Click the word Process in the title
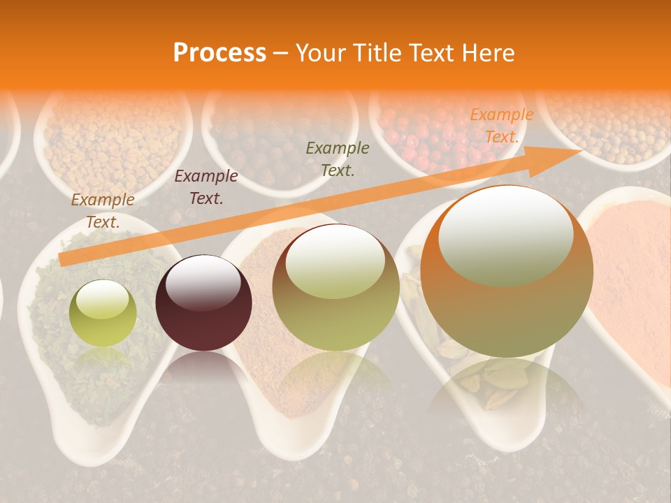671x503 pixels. [x=219, y=53]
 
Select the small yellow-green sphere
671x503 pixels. [x=103, y=313]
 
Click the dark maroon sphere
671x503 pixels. [x=203, y=302]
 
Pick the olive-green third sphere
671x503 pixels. [x=335, y=287]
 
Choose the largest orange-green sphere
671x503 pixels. [x=507, y=271]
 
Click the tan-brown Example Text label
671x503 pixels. [x=103, y=210]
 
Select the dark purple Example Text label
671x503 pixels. [x=205, y=187]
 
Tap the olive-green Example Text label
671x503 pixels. [x=338, y=159]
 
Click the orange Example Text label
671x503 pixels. [x=501, y=126]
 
